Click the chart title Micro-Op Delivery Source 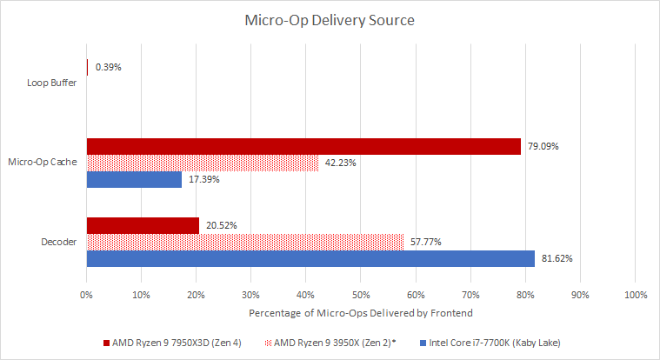click(x=330, y=20)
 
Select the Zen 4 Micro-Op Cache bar click(x=303, y=147)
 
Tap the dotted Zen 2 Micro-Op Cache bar click(x=203, y=163)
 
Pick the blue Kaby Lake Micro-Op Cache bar click(x=134, y=179)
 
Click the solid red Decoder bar click(x=143, y=226)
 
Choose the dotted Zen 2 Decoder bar click(x=245, y=242)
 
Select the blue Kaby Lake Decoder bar click(x=310, y=258)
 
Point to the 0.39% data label click(x=108, y=67)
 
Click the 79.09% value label click(x=543, y=147)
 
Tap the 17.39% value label click(x=204, y=179)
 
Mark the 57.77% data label click(x=426, y=242)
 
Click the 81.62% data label click(x=557, y=258)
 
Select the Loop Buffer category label click(x=52, y=83)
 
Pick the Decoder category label click(x=59, y=242)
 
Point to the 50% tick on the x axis click(x=361, y=295)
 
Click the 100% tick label click(x=636, y=295)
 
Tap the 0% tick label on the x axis click(x=86, y=295)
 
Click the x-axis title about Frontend click(x=361, y=313)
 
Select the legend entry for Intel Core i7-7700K click(x=490, y=343)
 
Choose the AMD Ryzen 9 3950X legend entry click(x=330, y=343)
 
